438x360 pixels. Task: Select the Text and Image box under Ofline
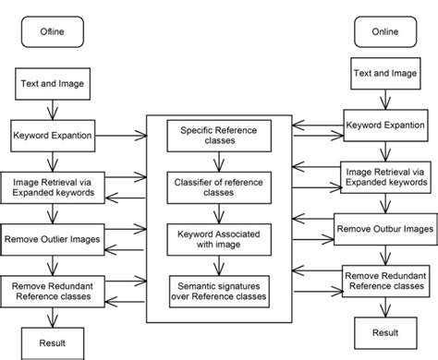pos(53,85)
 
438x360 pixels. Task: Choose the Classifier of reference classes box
pos(218,187)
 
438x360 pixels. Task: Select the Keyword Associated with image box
pos(218,240)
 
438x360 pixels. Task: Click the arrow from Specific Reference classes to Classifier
pos(218,162)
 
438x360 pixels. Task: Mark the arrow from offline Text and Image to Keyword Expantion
pos(53,108)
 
